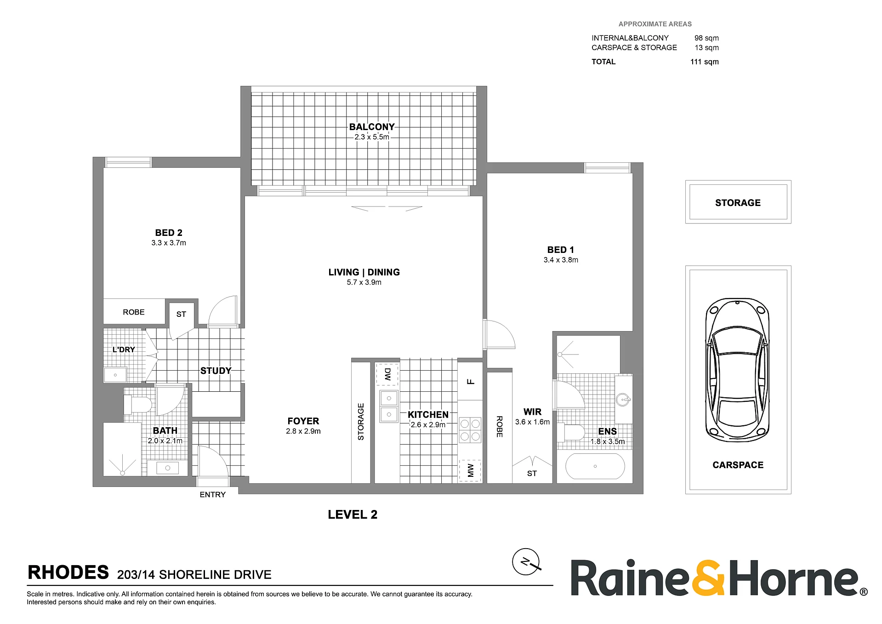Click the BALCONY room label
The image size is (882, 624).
372,127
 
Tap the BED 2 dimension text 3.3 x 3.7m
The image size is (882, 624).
169,243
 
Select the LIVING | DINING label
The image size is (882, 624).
364,272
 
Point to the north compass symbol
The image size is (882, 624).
526,562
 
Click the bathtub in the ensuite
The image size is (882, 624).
595,466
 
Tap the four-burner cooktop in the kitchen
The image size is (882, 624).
470,430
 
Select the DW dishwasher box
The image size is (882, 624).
387,374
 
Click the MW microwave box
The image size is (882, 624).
470,470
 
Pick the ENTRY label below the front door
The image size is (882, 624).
212,495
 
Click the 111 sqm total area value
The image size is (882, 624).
704,62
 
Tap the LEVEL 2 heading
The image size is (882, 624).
353,515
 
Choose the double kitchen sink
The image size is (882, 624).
389,406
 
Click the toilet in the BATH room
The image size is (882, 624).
138,405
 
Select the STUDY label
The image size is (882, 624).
216,371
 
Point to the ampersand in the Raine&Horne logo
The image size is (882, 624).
708,578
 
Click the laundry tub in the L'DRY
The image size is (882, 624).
115,375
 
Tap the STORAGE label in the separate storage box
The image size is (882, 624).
738,203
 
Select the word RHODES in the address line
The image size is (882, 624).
68,572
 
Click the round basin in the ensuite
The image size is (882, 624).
623,399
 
